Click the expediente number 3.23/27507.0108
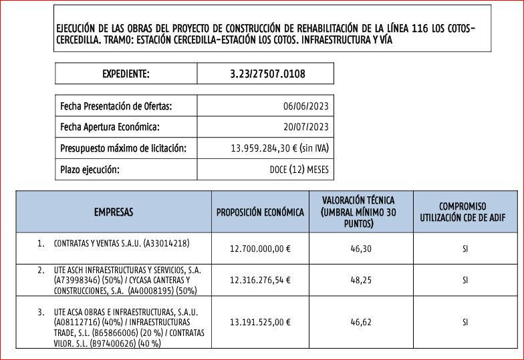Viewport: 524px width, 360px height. [x=267, y=73]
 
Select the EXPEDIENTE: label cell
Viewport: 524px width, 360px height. [x=126, y=73]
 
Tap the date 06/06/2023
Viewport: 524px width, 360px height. [x=305, y=106]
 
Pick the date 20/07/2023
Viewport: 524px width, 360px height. [x=305, y=127]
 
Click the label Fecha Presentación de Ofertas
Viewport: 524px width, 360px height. [x=116, y=106]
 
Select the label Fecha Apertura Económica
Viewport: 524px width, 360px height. [x=110, y=127]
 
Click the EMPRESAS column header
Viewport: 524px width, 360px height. [x=114, y=212]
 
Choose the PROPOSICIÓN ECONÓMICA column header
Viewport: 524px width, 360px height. [x=260, y=212]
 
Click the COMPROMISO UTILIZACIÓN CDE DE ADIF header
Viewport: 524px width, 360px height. [x=463, y=212]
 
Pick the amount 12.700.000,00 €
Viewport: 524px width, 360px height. [x=260, y=248]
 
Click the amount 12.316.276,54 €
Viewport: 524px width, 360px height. [x=260, y=281]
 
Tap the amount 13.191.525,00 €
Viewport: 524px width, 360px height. [x=260, y=322]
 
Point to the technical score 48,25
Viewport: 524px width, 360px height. [x=361, y=281]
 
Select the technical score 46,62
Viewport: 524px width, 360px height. [x=361, y=322]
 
